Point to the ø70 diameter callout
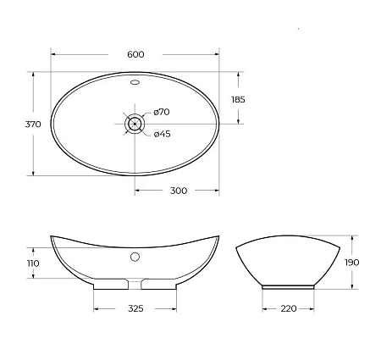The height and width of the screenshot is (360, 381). [163, 112]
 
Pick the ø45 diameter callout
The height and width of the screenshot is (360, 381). [163, 132]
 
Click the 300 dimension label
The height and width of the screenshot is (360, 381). [178, 191]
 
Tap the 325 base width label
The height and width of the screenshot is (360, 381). [135, 307]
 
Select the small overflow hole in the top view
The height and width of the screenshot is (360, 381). [135, 83]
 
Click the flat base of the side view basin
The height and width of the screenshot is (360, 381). [288, 286]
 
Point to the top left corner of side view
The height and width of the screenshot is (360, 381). [236, 246]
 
